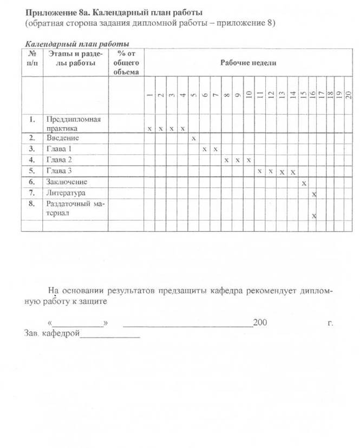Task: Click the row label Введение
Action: pyautogui.click(x=63, y=138)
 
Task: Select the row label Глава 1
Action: pyautogui.click(x=59, y=149)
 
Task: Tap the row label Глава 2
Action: pyautogui.click(x=59, y=160)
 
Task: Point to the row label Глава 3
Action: pyautogui.click(x=59, y=170)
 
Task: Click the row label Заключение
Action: pyautogui.click(x=67, y=181)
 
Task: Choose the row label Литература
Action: pyautogui.click(x=66, y=192)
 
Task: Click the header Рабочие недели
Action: pyautogui.click(x=248, y=62)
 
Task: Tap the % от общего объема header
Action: pyautogui.click(x=126, y=62)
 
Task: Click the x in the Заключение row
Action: pyautogui.click(x=304, y=182)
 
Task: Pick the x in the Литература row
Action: pyautogui.click(x=314, y=194)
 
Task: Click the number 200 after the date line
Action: pyautogui.click(x=260, y=322)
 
